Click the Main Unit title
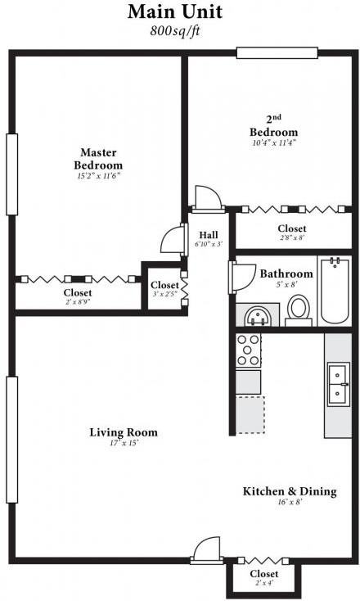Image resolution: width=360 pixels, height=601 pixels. click(175, 12)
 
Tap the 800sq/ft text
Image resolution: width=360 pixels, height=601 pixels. click(175, 31)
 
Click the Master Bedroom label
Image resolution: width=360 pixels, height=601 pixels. click(98, 159)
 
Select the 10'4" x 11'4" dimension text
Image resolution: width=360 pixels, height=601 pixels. click(274, 143)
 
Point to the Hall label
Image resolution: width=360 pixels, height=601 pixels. click(209, 234)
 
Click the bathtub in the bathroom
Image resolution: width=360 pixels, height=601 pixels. click(335, 291)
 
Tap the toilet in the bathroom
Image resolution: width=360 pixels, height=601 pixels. click(299, 310)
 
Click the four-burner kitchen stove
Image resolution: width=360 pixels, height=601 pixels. click(248, 350)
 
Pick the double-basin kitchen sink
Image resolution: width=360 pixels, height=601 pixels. click(338, 385)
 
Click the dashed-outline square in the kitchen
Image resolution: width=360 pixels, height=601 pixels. click(250, 414)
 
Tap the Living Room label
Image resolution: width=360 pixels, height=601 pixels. click(124, 432)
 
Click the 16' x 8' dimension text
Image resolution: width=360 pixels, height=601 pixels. click(290, 502)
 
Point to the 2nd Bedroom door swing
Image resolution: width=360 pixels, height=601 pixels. click(209, 198)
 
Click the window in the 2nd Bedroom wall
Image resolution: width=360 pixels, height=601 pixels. click(277, 52)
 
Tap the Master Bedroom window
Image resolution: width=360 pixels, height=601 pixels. click(12, 174)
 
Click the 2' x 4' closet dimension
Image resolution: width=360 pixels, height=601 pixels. click(264, 583)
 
